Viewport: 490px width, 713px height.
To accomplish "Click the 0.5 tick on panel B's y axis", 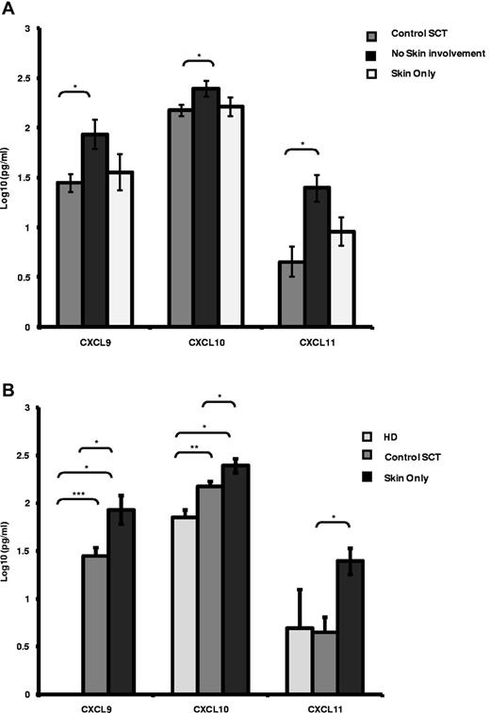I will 44,647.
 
